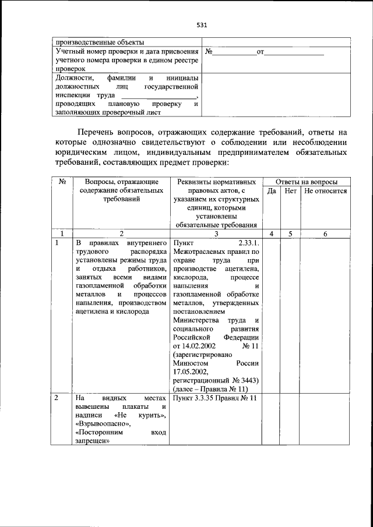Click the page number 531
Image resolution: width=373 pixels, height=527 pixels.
click(202, 25)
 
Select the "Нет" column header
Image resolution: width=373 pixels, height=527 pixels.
click(290, 190)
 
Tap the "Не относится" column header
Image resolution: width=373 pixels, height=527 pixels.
click(325, 190)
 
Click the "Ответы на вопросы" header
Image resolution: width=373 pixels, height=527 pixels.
click(306, 182)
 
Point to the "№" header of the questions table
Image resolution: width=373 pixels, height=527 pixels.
click(62, 182)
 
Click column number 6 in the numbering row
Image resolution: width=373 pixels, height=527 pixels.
click(325, 233)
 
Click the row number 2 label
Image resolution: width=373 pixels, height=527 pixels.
click(57, 398)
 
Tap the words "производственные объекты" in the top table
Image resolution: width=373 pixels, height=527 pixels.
click(99, 42)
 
